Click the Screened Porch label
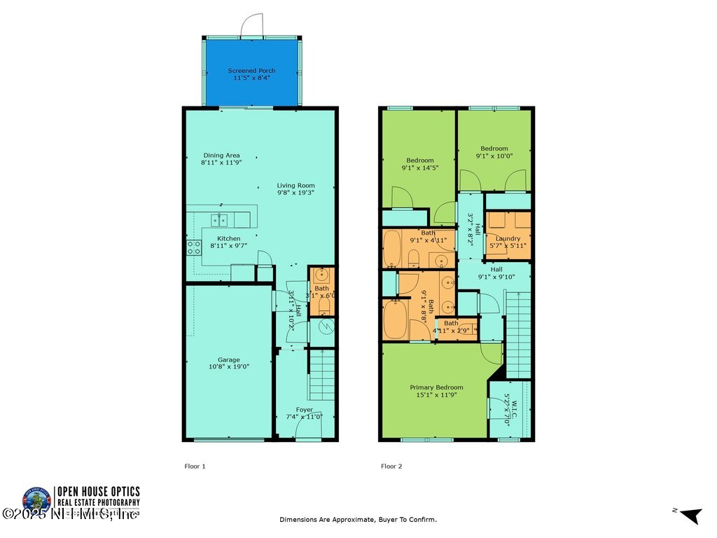point(251,71)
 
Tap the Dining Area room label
point(221,155)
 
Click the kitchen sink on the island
point(221,221)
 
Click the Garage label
point(228,360)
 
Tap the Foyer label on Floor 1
point(304,410)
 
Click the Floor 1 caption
point(195,466)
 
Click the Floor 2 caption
point(391,466)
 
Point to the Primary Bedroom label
point(436,387)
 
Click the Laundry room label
point(508,239)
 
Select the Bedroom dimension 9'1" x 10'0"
point(494,156)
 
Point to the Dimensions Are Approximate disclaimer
point(358,520)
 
